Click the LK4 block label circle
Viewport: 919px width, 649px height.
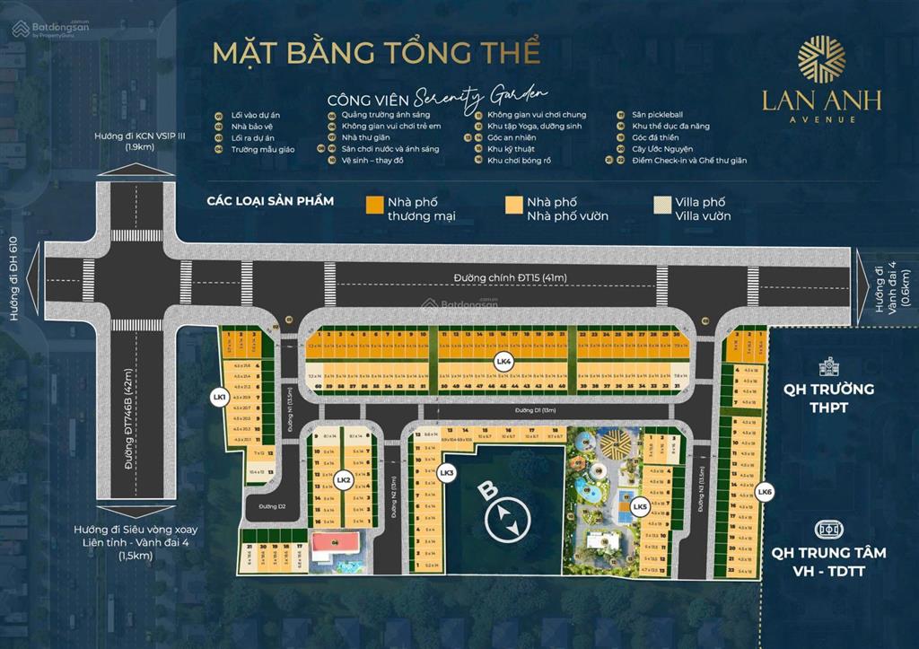[x=503, y=362]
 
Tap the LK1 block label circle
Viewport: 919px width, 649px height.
[x=218, y=396]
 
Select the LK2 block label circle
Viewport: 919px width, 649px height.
[x=342, y=480]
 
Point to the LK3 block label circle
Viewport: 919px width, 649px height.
[x=446, y=472]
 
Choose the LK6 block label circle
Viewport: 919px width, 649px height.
[x=764, y=491]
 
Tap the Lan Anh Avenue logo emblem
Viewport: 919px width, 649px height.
[x=821, y=58]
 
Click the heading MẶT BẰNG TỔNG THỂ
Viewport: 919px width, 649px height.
[x=376, y=52]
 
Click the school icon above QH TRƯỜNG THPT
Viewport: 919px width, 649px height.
[x=828, y=366]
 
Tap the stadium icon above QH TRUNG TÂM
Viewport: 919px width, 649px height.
[x=827, y=530]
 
